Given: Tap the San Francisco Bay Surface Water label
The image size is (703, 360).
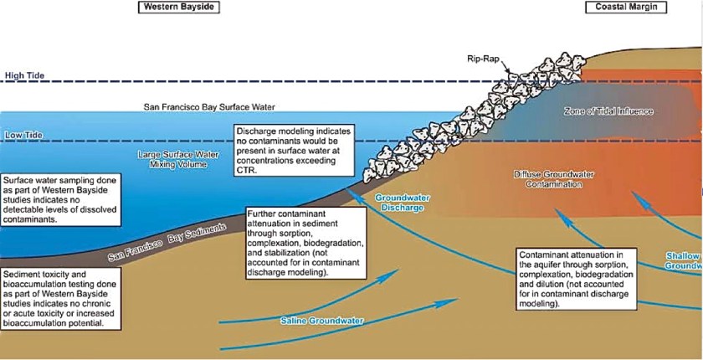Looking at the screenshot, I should point(209,107).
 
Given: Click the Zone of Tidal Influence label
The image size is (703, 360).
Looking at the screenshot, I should point(608,111).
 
